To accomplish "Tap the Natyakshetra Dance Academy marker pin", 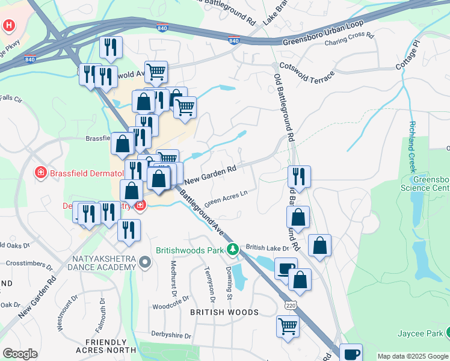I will (x=144, y=262).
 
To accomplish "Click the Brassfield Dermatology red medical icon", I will (x=40, y=173).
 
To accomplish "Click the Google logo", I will (x=20, y=354).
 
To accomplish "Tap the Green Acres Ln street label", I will (x=226, y=198).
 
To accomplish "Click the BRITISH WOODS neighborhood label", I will (x=224, y=312).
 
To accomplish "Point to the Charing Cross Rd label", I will (x=349, y=40).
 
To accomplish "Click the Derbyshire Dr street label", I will (x=171, y=336).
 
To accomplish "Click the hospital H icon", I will (x=9, y=26).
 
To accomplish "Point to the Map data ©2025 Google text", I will (x=413, y=356).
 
